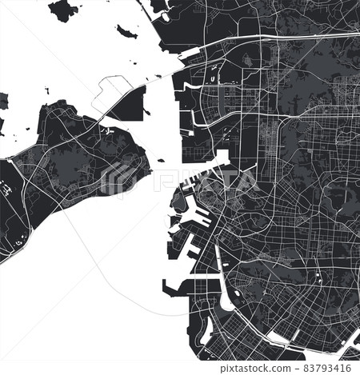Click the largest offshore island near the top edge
pos(64,10)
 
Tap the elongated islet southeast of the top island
pos(126,32)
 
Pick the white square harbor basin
pos(222,158)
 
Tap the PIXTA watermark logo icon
pos(120,178)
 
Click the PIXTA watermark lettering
pos(200,178)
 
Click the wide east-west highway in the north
pos(264,38)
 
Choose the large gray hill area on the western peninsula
pos(68,164)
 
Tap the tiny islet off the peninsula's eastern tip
pos(161,161)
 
